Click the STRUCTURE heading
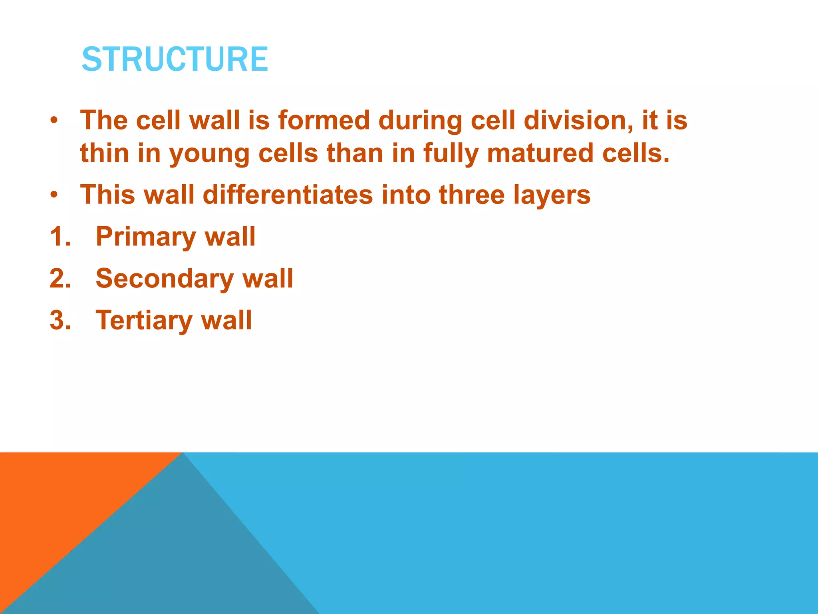point(175,59)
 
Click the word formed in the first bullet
point(324,120)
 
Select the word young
point(209,154)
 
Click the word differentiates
point(288,195)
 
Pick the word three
point(471,195)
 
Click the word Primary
point(145,237)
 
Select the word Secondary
point(164,279)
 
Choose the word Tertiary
point(143,321)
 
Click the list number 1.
point(60,237)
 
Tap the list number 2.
point(60,279)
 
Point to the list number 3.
point(60,321)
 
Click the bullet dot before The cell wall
point(54,120)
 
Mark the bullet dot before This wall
point(54,195)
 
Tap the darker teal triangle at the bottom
point(180,560)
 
